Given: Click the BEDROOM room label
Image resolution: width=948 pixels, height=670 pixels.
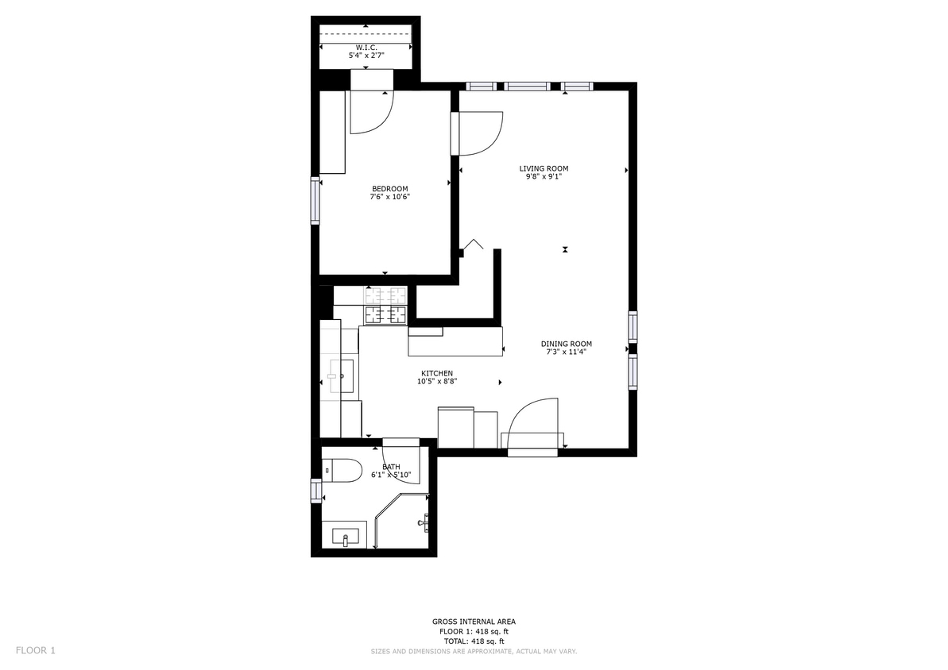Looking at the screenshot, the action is pyautogui.click(x=389, y=189).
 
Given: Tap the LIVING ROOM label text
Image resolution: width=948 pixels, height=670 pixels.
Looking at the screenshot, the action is pyautogui.click(x=544, y=168).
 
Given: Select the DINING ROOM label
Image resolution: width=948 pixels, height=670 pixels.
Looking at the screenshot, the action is pyautogui.click(x=566, y=344).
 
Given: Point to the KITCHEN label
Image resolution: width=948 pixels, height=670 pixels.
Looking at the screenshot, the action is pyautogui.click(x=436, y=373).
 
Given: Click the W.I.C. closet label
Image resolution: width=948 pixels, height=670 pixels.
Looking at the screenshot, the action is pyautogui.click(x=366, y=47).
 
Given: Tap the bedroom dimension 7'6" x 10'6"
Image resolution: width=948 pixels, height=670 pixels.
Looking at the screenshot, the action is pyautogui.click(x=390, y=197).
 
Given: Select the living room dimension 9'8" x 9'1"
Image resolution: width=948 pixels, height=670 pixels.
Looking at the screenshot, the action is pyautogui.click(x=544, y=177).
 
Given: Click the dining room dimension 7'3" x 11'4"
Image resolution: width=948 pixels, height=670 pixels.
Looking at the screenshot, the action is pyautogui.click(x=566, y=352).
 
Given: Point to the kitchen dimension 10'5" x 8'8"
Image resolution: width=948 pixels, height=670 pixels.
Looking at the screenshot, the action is pyautogui.click(x=436, y=382).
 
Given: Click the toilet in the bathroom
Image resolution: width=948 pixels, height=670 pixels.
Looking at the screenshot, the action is pyautogui.click(x=342, y=470).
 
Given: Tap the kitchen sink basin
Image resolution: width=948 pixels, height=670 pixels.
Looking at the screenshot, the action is pyautogui.click(x=342, y=375).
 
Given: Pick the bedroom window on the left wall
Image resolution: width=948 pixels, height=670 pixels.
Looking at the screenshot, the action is pyautogui.click(x=315, y=201).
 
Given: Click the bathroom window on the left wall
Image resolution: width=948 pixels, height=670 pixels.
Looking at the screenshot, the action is pyautogui.click(x=315, y=491).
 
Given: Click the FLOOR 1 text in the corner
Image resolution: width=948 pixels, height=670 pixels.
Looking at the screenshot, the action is pyautogui.click(x=35, y=651).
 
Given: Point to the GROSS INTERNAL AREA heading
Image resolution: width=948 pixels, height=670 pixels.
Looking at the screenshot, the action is pyautogui.click(x=474, y=622).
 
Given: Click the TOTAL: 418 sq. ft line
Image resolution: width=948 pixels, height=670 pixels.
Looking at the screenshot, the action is pyautogui.click(x=474, y=641).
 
